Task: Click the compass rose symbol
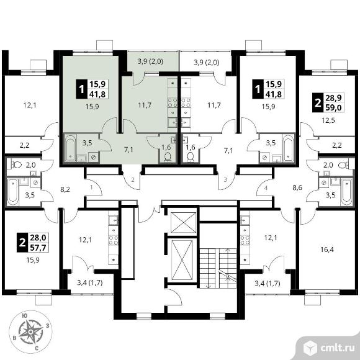coord(30,332)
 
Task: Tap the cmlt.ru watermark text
coord(337,348)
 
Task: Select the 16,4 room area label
coord(327,250)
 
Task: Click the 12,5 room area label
coord(328,120)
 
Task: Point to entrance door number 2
coord(133,180)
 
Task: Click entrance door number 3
coord(225,180)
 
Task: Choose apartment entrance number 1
coord(91,187)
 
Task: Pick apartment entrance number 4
coord(266,188)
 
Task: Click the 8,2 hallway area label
coord(65,189)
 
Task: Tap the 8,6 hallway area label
coord(297,188)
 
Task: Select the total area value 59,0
coord(335,107)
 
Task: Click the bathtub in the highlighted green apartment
coord(70,148)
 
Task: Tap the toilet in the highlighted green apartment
coord(168,157)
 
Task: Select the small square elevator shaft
coord(184,222)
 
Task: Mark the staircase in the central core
coord(218,268)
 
